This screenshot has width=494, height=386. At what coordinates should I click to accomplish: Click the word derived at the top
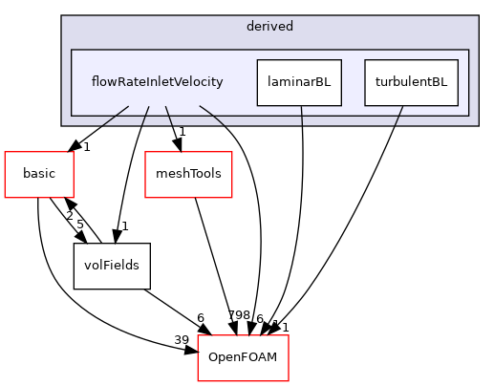[269, 27]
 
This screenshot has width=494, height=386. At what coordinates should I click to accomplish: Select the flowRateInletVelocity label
[157, 82]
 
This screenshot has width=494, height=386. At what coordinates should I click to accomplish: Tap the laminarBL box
[299, 82]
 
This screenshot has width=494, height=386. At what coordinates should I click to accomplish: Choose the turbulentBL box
[411, 82]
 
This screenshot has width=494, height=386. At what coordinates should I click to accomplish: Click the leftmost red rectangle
[39, 175]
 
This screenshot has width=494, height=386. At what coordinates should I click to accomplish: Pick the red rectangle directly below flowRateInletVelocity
[188, 175]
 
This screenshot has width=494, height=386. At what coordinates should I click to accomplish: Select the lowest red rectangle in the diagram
[243, 358]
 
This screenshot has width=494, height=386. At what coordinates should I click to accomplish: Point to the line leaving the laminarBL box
[302, 116]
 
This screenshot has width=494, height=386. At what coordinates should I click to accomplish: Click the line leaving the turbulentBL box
[398, 116]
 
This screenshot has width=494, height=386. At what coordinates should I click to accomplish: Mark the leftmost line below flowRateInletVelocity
[116, 115]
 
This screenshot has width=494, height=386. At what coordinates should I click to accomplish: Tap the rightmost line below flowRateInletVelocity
[212, 115]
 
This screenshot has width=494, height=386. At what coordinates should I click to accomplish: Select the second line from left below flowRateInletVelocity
[145, 115]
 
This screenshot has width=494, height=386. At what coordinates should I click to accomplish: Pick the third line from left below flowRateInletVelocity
[168, 115]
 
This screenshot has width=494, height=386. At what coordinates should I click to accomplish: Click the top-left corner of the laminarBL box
[257, 59]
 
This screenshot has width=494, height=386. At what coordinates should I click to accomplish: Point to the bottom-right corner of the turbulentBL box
[458, 105]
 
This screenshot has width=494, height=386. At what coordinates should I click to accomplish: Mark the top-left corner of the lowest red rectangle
[198, 335]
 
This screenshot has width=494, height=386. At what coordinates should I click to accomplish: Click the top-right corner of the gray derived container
[478, 16]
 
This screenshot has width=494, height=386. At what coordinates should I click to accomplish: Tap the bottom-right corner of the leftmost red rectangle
[74, 198]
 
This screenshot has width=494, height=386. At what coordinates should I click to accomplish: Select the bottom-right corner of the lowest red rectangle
[289, 381]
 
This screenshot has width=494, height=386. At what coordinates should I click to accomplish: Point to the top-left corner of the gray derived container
[62, 16]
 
